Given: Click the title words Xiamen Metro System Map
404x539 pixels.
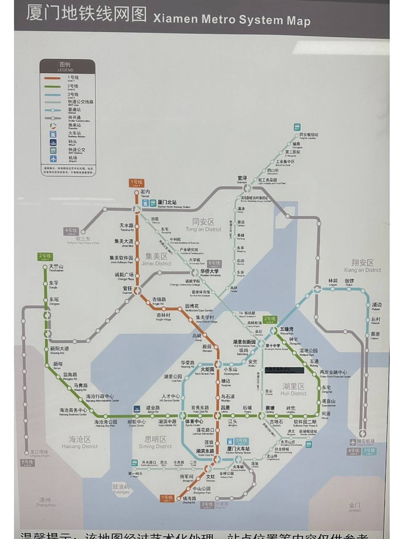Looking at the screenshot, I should [x=232, y=19].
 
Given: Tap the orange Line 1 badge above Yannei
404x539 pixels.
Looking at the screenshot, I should [x=136, y=183].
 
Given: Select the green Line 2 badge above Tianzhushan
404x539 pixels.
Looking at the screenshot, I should [x=45, y=256].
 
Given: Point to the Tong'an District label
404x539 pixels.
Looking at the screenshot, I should [x=203, y=225].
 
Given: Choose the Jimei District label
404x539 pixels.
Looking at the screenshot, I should [x=157, y=259].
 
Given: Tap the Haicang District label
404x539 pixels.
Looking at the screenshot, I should [x=80, y=442].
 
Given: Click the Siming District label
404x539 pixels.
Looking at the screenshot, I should [x=155, y=442].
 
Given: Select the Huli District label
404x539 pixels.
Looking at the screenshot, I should [x=293, y=390].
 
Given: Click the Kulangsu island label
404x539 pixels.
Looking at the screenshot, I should [x=121, y=488].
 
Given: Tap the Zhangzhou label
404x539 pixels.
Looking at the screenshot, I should [x=46, y=502].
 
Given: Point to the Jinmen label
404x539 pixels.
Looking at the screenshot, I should [x=354, y=507].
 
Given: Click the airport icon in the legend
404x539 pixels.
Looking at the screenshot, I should [x=53, y=159].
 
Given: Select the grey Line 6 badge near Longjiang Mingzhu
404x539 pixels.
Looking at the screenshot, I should [x=27, y=463].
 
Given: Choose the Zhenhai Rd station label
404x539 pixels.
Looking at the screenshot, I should [x=189, y=500].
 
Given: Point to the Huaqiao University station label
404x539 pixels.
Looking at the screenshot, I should [x=210, y=272].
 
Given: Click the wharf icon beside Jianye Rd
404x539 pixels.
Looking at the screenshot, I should [x=136, y=409].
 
